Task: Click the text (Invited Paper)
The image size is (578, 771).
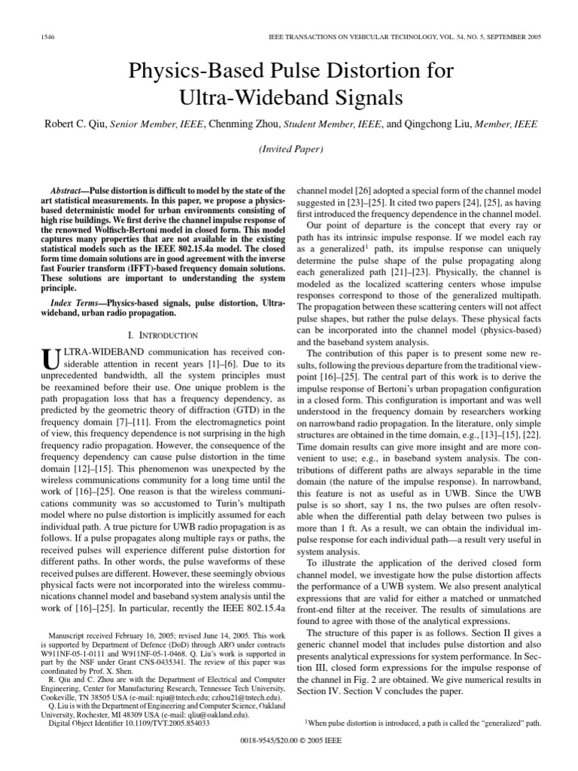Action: coord(289,151)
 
